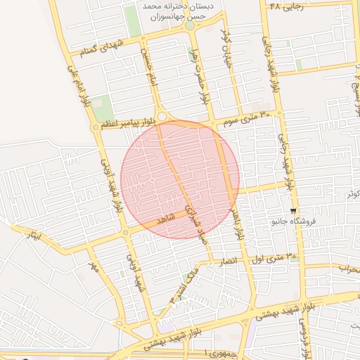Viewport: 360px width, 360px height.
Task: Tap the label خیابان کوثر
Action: tap(226, 38)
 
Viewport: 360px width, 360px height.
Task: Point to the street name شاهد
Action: tap(166, 218)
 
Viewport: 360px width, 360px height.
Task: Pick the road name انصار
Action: tap(232, 260)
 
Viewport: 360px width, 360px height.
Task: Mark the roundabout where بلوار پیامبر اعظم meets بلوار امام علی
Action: tap(95, 127)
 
